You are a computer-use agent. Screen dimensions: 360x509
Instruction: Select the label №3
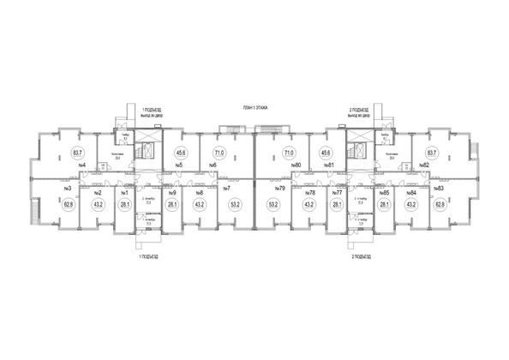click(67, 189)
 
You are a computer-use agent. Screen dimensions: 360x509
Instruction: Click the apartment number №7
click(227, 189)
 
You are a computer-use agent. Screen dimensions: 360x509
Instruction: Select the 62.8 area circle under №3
click(67, 205)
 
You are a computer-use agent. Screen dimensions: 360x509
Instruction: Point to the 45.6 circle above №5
click(180, 153)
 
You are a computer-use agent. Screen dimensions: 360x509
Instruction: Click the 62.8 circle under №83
click(439, 205)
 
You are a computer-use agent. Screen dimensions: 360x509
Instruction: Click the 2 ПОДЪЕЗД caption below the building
click(361, 255)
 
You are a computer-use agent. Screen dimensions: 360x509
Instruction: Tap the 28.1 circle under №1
click(124, 205)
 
